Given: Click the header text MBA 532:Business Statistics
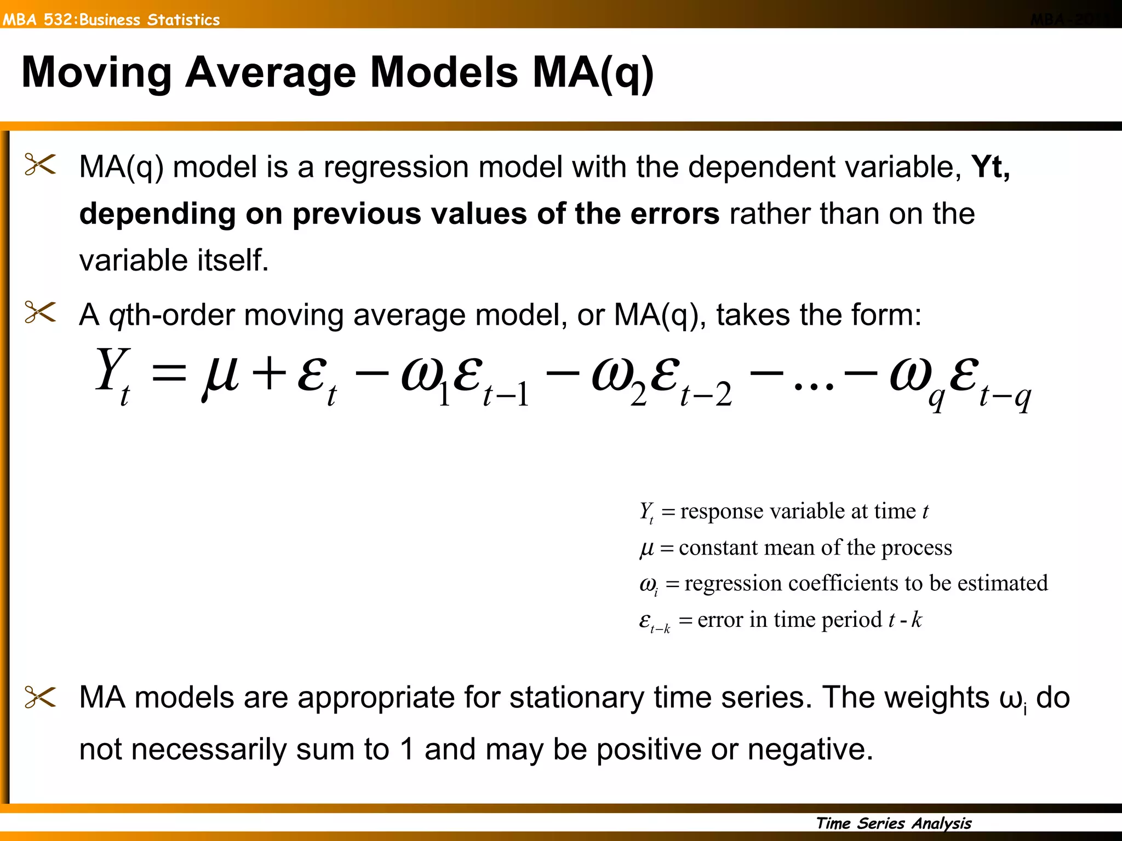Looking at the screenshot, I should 111,20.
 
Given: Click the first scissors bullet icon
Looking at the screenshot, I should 41,164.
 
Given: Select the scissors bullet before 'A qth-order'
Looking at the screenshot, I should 41,313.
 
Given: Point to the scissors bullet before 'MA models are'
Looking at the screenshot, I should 41,698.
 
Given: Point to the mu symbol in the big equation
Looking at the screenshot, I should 220,375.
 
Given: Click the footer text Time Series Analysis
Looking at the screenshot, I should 894,823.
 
